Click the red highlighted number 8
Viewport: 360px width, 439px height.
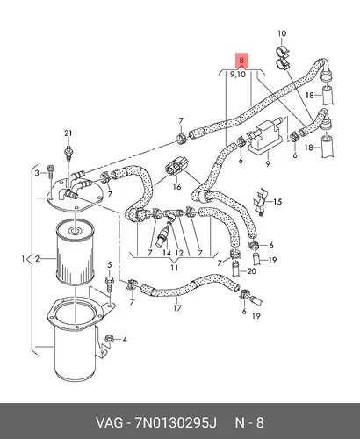pos(241,61)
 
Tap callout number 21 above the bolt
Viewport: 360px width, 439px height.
pos(68,133)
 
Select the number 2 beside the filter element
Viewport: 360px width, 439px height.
pos(37,259)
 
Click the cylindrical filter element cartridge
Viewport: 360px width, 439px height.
pos(76,253)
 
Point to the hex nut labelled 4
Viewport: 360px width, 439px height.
pos(108,339)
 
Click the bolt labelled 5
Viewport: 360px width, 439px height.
pos(109,284)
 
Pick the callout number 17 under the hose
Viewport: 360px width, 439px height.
pos(177,308)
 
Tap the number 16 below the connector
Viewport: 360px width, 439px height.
pos(176,187)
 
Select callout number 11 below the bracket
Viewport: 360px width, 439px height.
pos(175,268)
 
